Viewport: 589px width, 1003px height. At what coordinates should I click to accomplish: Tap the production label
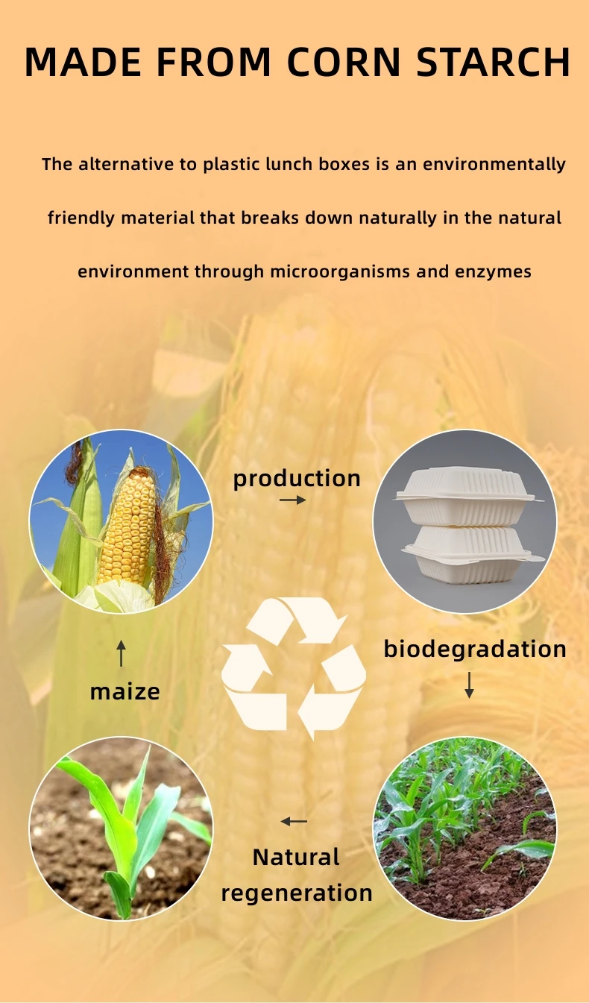tap(297, 478)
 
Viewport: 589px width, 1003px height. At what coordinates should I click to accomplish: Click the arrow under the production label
tap(293, 500)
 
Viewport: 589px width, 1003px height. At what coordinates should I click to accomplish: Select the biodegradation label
tap(475, 649)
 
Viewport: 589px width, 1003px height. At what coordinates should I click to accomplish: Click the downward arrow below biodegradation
tap(469, 685)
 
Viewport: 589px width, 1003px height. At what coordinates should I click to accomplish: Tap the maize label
tap(125, 691)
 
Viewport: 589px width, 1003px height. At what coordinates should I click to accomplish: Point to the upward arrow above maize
tap(122, 653)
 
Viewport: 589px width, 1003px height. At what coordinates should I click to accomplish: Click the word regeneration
tap(297, 893)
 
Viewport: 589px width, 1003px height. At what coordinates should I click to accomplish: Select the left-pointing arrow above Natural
tap(294, 822)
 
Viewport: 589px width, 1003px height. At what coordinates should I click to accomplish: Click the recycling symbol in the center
tap(294, 667)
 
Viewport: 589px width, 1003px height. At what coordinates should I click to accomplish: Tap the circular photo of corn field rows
tap(464, 828)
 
